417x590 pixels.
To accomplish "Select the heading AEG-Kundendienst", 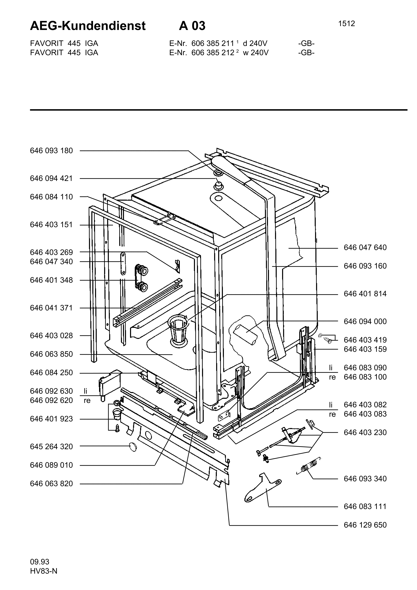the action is pyautogui.click(x=88, y=26).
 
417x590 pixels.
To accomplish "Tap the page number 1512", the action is pyautogui.click(x=346, y=24).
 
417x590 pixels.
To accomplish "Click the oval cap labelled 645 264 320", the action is pyautogui.click(x=133, y=447).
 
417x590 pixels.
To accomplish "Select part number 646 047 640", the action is pyautogui.click(x=365, y=247).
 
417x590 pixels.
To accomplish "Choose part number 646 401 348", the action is pyautogui.click(x=51, y=280).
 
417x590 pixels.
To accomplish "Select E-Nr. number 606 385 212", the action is pyautogui.click(x=213, y=53).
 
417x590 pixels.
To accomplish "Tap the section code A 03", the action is pyautogui.click(x=192, y=26).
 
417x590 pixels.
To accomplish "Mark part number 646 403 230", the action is pyautogui.click(x=365, y=432).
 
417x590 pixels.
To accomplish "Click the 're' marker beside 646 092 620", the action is pyautogui.click(x=87, y=401).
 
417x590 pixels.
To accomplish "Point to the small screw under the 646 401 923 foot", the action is pyautogui.click(x=117, y=428).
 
